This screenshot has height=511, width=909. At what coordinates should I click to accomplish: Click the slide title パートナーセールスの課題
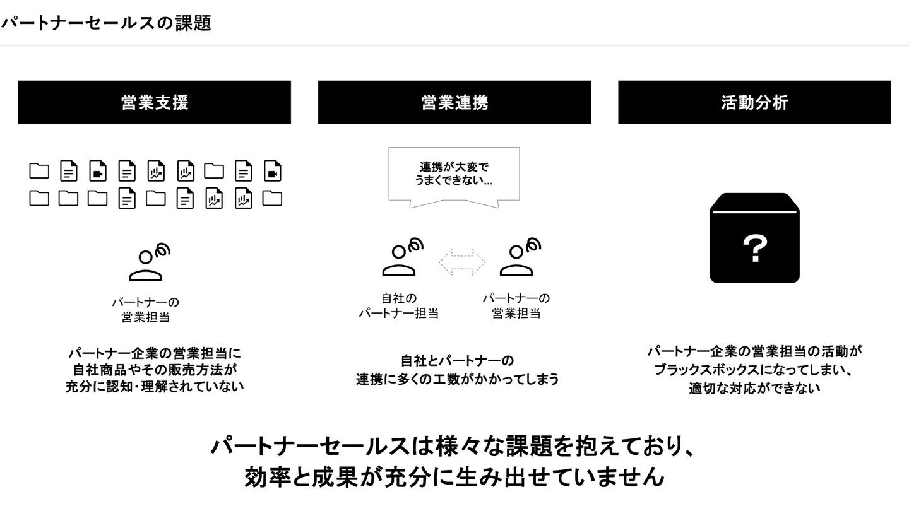105,23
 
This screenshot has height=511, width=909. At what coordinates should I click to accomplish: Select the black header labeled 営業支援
155,102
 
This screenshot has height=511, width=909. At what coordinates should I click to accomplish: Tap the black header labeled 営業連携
454,102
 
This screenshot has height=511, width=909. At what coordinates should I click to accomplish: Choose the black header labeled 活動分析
754,102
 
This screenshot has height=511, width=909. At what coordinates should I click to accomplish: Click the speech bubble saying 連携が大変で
454,174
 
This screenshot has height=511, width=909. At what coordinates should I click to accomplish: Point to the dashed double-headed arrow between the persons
462,262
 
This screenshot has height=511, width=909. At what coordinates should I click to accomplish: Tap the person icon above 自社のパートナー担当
401,258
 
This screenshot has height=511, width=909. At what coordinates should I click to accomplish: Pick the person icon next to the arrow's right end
520,258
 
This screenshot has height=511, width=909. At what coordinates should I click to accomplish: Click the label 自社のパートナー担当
399,305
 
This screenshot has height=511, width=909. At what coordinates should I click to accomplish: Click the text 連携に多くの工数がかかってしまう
458,379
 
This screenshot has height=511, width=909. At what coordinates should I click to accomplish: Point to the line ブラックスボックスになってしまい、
754,370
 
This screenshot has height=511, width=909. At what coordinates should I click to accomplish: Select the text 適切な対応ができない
754,387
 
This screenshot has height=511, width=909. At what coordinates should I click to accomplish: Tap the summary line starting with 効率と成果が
454,477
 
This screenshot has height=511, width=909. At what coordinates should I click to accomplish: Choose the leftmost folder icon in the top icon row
39,171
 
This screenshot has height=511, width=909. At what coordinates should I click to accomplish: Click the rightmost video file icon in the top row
272,171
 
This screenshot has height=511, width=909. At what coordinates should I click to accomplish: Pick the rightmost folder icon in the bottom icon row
272,198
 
